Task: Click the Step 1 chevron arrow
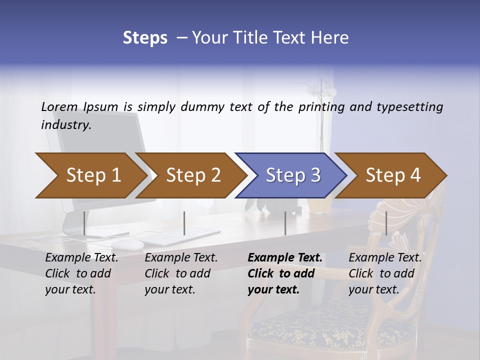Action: pos(90,175)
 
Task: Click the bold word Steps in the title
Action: pos(145,37)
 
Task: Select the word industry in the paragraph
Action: pos(66,125)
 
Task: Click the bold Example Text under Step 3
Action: pos(285,258)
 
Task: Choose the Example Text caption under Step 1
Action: pos(81,258)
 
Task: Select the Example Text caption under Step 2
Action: pos(181,258)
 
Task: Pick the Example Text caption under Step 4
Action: pos(385,258)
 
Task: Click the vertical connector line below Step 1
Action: pos(84,223)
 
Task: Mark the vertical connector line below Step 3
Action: pos(285,223)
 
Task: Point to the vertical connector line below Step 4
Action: pos(386,223)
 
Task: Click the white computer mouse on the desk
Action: pos(127,244)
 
